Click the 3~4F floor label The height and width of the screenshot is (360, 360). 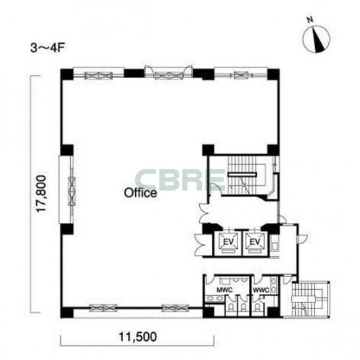[48, 48]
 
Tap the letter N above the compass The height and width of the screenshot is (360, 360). [310, 20]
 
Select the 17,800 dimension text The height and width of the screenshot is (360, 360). [42, 194]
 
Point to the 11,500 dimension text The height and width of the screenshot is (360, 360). [138, 337]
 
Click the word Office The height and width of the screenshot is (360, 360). [140, 193]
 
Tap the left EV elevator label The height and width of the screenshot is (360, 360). [228, 242]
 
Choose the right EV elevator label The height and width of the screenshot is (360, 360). [255, 242]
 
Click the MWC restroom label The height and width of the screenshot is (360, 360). [225, 291]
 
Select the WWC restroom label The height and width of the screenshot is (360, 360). [261, 291]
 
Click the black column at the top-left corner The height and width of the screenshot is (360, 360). [67, 74]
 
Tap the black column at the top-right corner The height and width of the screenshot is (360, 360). [273, 74]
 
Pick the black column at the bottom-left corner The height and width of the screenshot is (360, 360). [67, 312]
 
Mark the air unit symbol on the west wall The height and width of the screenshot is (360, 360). [72, 191]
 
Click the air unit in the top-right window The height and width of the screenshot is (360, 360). [241, 75]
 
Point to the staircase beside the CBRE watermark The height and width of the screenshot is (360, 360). [242, 175]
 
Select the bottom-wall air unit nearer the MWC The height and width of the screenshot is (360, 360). [175, 308]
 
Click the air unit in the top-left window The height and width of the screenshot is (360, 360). [99, 75]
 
